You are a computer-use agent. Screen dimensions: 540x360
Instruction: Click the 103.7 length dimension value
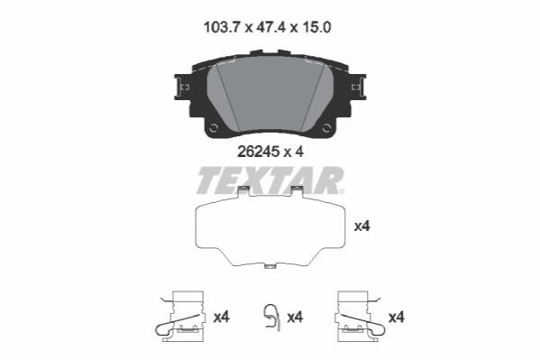(x=221, y=27)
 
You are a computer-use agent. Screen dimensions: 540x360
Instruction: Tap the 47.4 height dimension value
(x=271, y=27)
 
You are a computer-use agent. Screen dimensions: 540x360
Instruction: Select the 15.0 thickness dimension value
(x=316, y=27)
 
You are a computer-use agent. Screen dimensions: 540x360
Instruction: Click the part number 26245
(x=259, y=152)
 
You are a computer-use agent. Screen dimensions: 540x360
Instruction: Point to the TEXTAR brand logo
(x=270, y=180)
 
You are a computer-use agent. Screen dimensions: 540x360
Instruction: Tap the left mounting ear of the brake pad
(x=182, y=87)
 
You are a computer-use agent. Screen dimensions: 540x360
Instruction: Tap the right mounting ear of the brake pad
(x=358, y=87)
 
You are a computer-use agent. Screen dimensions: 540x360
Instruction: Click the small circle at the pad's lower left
(x=214, y=128)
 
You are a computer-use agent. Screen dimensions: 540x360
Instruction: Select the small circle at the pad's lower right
(x=326, y=128)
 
